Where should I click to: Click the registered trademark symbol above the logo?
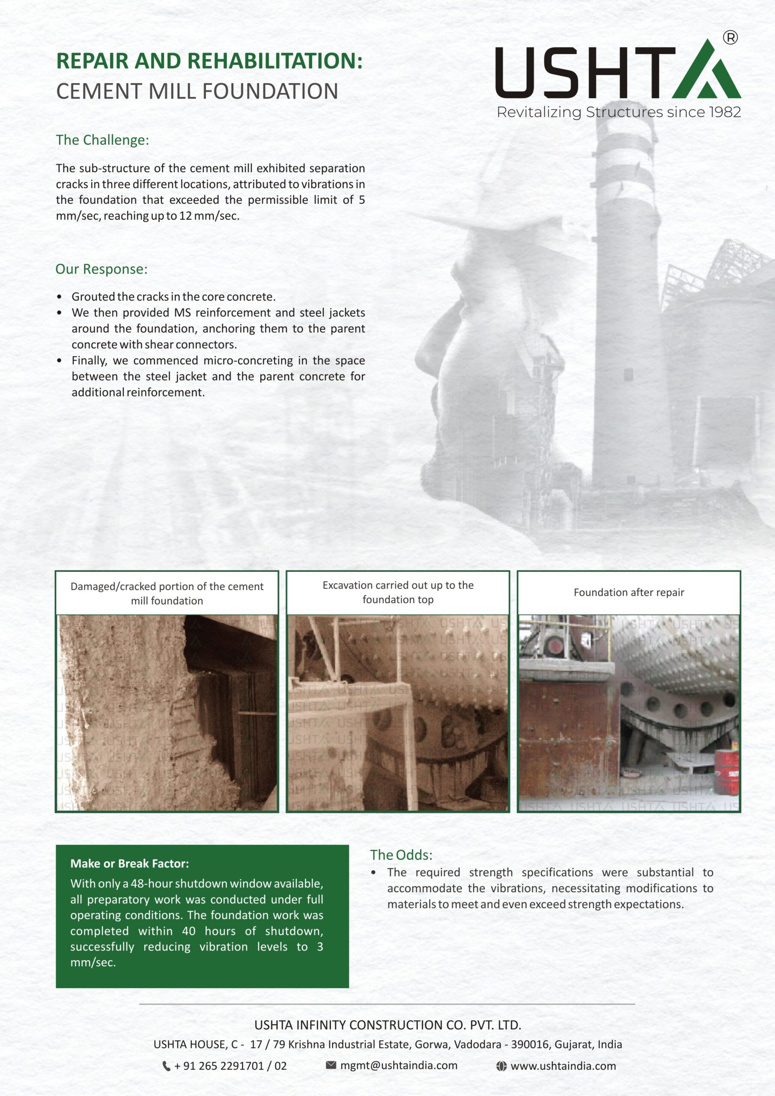click(x=730, y=37)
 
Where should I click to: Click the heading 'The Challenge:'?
click(x=102, y=140)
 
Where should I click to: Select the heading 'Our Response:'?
click(x=101, y=269)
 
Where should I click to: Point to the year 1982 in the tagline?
click(x=724, y=112)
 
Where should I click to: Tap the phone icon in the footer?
click(x=166, y=1066)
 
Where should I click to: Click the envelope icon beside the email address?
click(x=331, y=1065)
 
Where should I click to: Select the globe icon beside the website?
click(x=501, y=1066)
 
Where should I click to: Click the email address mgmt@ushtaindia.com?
click(x=399, y=1066)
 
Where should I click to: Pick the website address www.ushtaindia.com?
click(x=563, y=1066)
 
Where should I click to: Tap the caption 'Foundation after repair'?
click(x=629, y=593)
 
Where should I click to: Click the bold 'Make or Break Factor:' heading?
click(x=129, y=863)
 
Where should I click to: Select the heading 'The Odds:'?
click(x=401, y=855)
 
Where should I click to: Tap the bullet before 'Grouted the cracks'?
click(x=59, y=297)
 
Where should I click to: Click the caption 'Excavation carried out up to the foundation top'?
click(x=398, y=593)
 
